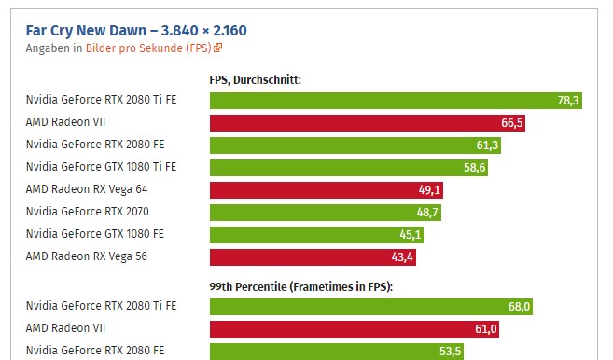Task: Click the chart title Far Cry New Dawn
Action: point(135,29)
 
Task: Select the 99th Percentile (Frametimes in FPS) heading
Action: point(300,286)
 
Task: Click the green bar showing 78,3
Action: point(396,101)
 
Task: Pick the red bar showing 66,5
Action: point(368,122)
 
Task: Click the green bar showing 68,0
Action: point(371,307)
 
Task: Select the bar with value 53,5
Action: point(337,351)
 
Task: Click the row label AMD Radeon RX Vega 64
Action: point(87,189)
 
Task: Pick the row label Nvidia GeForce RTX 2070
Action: point(87,212)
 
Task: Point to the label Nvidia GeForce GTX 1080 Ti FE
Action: point(100,167)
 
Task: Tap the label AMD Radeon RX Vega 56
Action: point(87,256)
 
